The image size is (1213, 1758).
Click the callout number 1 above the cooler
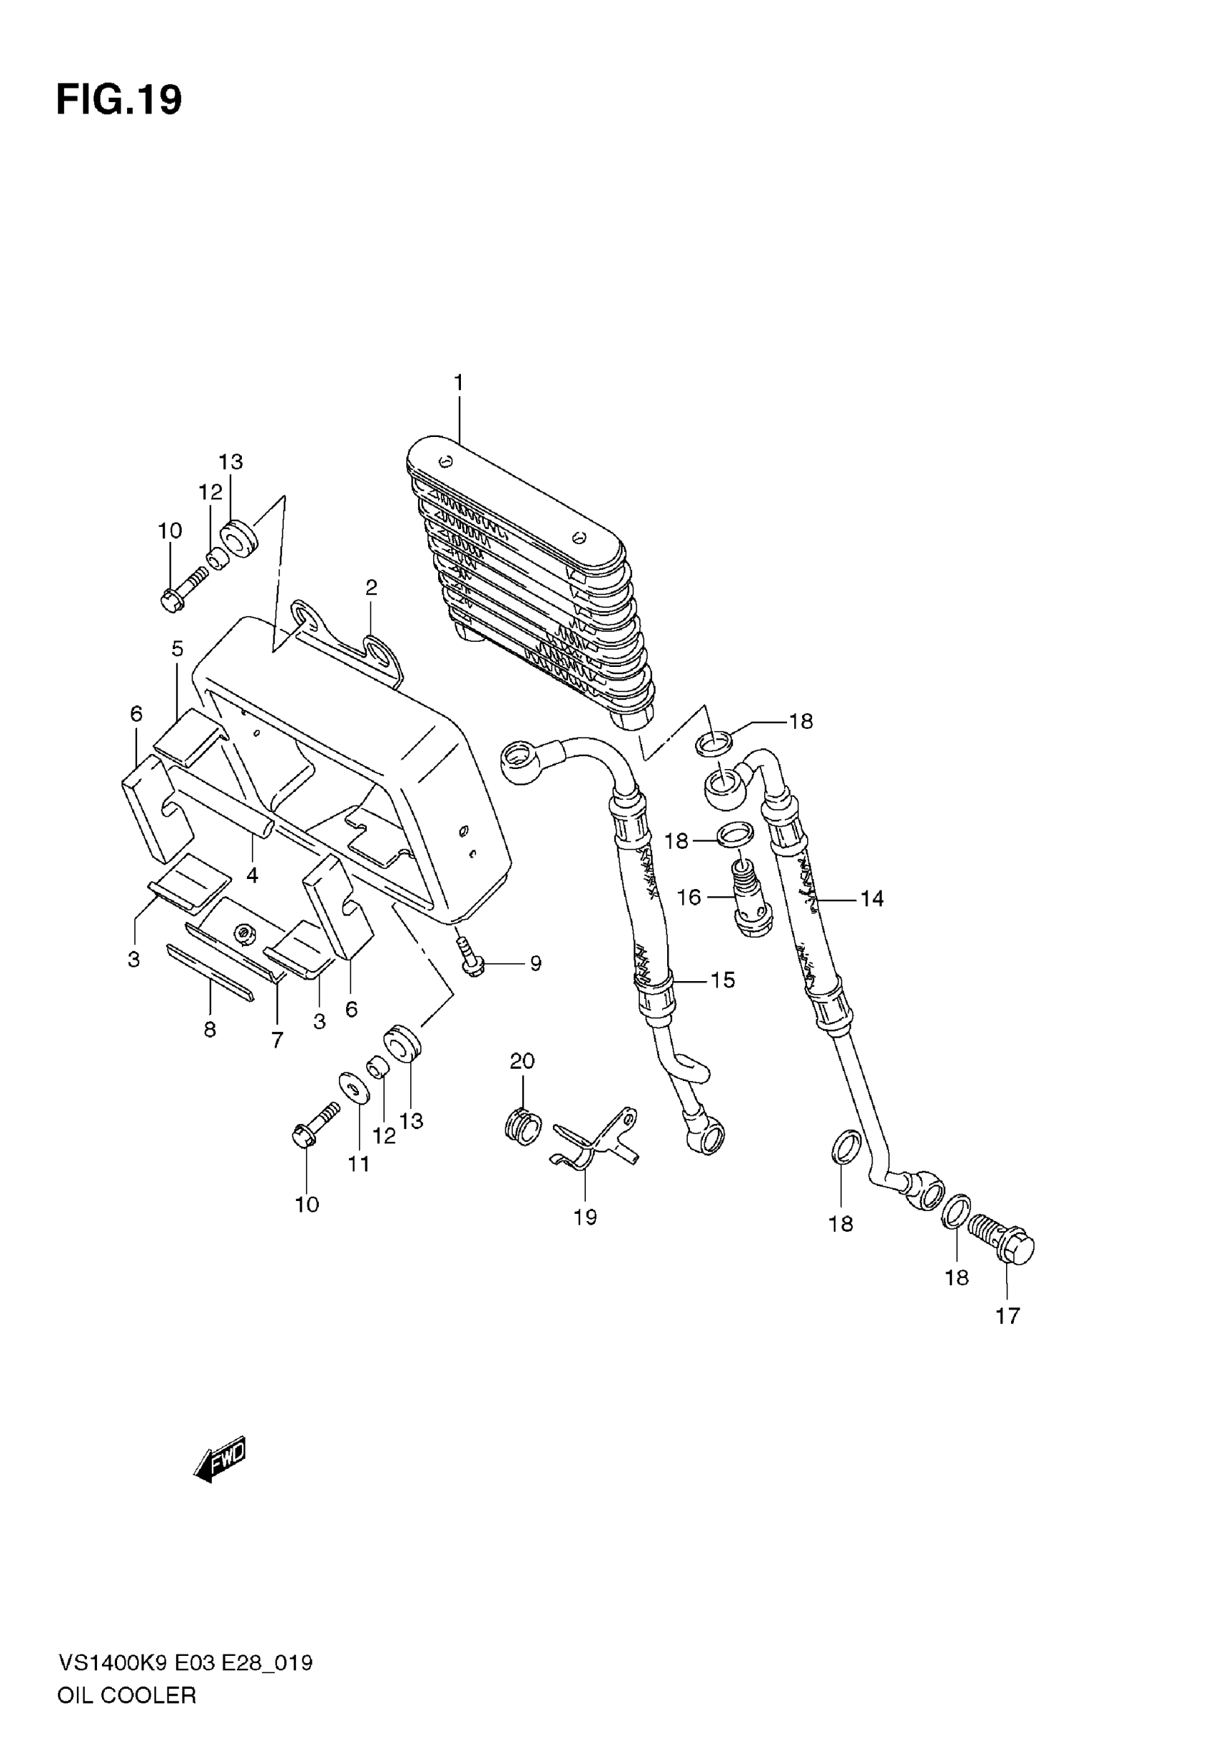[459, 383]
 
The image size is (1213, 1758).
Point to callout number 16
[689, 898]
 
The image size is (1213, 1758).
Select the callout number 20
[522, 1061]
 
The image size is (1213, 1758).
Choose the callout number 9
[536, 963]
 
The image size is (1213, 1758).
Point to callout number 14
[872, 899]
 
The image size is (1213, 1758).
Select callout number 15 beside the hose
[723, 980]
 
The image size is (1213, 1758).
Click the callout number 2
[371, 587]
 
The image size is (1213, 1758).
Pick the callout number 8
[210, 1030]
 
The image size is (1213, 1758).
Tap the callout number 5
[177, 648]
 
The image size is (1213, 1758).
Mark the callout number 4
[253, 875]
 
